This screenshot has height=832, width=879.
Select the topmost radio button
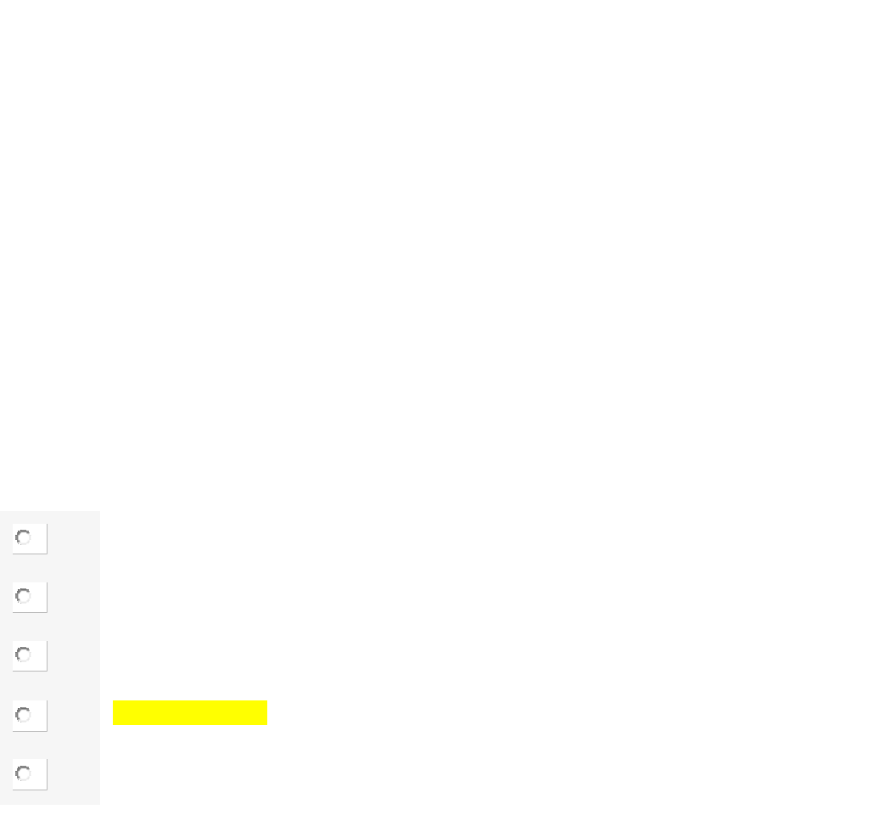click(x=24, y=537)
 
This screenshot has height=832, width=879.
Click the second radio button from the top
click(x=24, y=596)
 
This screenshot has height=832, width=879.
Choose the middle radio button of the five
click(x=24, y=655)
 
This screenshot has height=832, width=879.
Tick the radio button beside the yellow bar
click(x=24, y=715)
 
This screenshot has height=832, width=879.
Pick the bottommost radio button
click(x=24, y=773)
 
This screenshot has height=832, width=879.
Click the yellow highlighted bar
click(x=190, y=712)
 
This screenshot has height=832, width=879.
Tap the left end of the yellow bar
click(x=117, y=712)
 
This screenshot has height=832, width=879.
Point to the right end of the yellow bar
click(x=263, y=712)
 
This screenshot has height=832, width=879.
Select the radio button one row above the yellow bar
click(x=24, y=655)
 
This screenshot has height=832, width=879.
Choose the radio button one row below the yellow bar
click(x=24, y=773)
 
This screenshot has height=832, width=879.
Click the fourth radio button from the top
click(x=24, y=715)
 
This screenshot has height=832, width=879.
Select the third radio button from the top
click(x=24, y=655)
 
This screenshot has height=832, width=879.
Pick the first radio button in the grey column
click(x=24, y=537)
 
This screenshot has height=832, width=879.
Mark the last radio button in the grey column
click(x=24, y=773)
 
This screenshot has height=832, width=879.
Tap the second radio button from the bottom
click(x=24, y=715)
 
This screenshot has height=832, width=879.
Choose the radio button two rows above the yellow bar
click(x=24, y=596)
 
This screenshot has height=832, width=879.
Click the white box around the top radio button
click(x=38, y=539)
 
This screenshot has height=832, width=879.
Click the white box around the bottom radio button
click(x=38, y=774)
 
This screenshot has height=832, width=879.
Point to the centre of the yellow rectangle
click(x=190, y=712)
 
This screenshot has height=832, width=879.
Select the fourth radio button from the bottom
click(x=24, y=596)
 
